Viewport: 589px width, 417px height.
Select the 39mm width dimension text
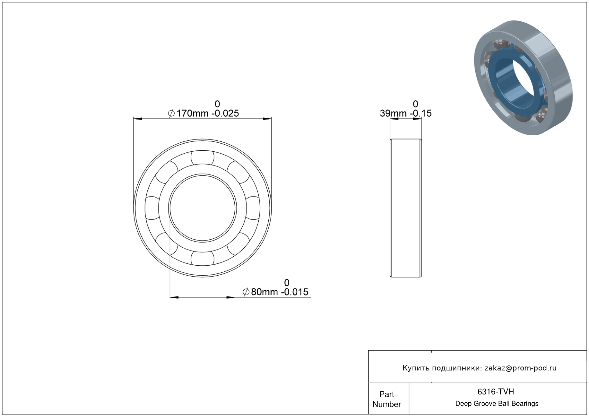[393, 113]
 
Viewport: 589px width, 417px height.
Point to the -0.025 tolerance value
[225, 113]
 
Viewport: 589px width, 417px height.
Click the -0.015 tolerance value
[294, 292]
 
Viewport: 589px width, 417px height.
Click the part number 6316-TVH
[496, 392]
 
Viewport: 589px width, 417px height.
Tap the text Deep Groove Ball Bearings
[497, 404]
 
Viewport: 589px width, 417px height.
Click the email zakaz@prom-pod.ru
[520, 368]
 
